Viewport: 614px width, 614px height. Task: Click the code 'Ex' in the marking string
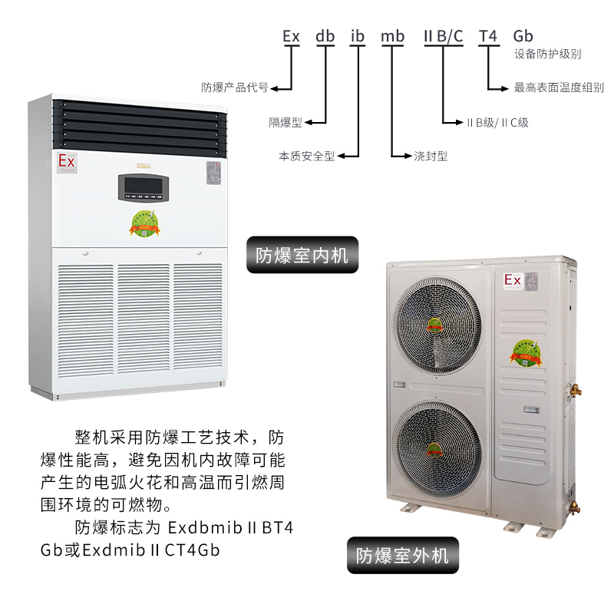pos(291,36)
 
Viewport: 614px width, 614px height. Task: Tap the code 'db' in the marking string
pos(325,36)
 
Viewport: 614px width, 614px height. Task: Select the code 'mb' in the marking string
pos(392,36)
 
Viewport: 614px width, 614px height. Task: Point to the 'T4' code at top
pos(488,36)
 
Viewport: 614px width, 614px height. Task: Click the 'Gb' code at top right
pos(523,36)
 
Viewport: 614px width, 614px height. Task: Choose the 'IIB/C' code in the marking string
pos(444,36)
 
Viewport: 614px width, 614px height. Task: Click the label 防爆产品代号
pos(234,87)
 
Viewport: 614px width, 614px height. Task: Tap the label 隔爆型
pos(286,122)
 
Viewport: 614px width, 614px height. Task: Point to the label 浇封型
pos(431,156)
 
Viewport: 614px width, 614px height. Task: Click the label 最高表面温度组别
pos(559,88)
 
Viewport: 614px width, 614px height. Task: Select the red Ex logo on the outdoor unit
pos(512,282)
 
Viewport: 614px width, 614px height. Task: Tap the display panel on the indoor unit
pos(143,187)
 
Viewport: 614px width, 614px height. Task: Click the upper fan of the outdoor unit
pos(435,325)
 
